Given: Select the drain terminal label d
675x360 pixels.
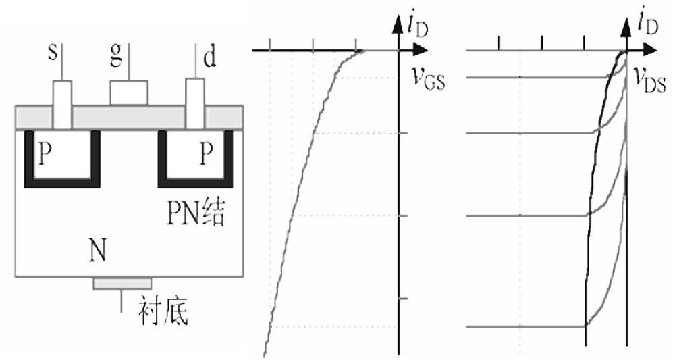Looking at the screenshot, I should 210,59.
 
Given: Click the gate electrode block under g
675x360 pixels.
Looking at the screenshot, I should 128,93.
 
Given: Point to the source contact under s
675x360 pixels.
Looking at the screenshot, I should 62,105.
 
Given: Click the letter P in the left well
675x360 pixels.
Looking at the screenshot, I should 45,155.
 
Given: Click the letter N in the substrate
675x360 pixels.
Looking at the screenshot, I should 97,253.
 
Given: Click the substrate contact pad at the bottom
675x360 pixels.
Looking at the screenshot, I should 122,283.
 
